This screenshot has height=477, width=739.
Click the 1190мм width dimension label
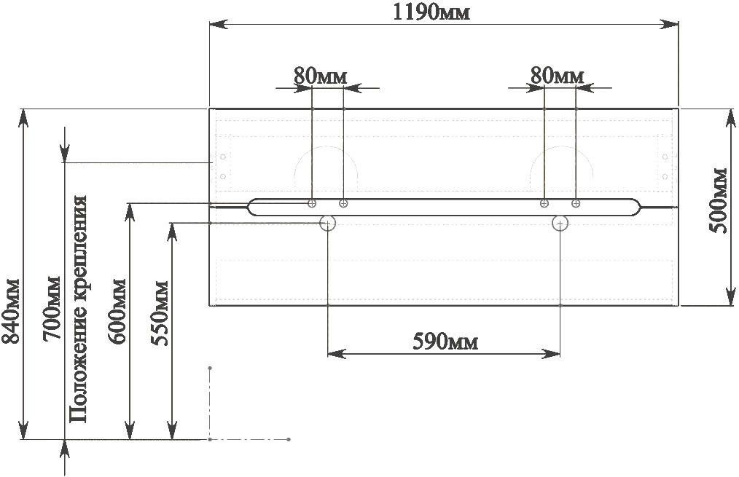[x=431, y=12]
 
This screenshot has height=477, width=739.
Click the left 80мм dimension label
[x=321, y=76]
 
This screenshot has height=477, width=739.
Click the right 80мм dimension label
[x=557, y=75]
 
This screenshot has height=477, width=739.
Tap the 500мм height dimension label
[x=719, y=200]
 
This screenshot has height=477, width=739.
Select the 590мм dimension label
[x=445, y=342]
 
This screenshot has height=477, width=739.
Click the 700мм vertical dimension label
[x=51, y=309]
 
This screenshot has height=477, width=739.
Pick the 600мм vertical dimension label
[x=117, y=311]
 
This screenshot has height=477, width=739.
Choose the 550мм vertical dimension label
[x=160, y=313]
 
